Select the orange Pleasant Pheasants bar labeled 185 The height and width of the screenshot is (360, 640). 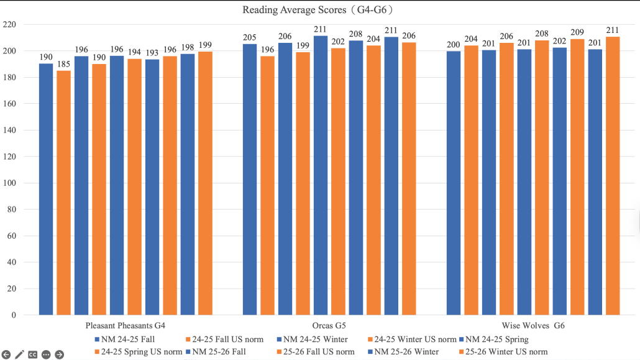tap(63, 193)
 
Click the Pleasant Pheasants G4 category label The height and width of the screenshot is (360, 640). tap(125, 326)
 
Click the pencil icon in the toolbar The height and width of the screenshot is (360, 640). tap(19, 354)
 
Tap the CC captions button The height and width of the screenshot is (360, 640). tap(32, 354)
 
